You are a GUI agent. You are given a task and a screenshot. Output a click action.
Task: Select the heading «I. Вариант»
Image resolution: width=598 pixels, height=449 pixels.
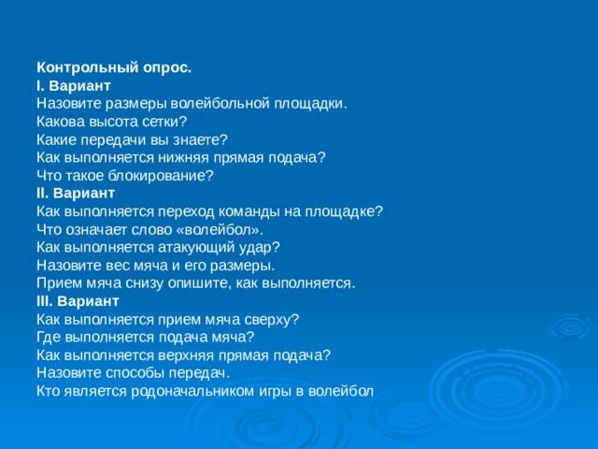tap(74, 86)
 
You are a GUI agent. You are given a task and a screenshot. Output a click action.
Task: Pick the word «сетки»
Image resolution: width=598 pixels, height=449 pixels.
tap(164, 122)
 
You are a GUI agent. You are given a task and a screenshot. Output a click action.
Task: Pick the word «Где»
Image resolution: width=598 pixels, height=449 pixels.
tap(50, 337)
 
